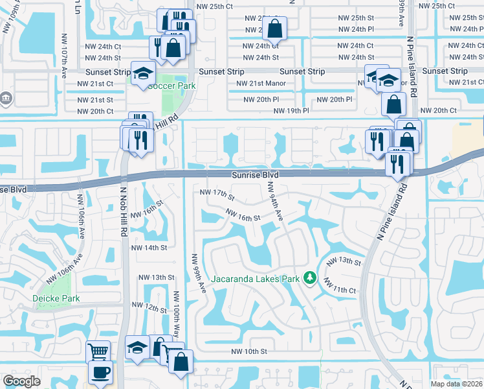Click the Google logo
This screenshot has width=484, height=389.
(21, 381)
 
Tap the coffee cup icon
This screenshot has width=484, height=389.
(100, 372)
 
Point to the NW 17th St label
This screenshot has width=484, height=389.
(217, 193)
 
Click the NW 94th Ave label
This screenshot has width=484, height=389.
(274, 201)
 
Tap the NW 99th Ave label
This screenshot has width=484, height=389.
(197, 272)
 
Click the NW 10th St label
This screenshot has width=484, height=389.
(249, 351)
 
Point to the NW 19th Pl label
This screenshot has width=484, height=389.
(291, 111)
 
